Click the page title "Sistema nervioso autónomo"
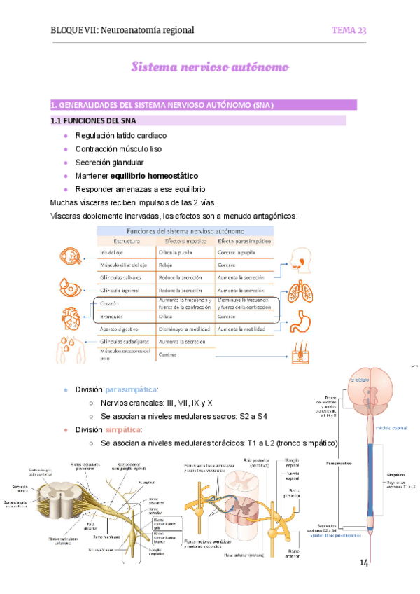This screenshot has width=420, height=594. point(210,67)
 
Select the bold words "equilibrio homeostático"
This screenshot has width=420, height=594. point(158,176)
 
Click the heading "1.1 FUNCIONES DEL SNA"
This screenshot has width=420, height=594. point(91,120)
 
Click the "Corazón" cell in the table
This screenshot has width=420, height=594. point(111,303)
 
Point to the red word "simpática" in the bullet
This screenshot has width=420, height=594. point(122,429)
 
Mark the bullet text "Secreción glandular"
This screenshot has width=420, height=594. point(109,163)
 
